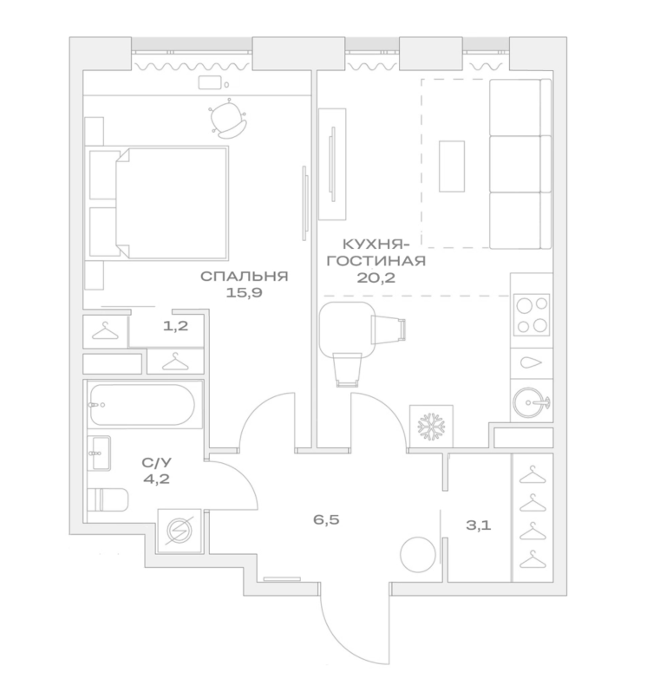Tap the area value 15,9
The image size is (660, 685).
click(244, 293)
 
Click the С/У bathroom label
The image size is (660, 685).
click(155, 464)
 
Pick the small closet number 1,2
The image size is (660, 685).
click(177, 328)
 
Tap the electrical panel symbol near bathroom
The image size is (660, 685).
click(180, 529)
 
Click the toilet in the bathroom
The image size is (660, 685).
click(108, 502)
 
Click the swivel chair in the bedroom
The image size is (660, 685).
click(230, 120)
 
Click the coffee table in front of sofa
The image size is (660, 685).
click(452, 166)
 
